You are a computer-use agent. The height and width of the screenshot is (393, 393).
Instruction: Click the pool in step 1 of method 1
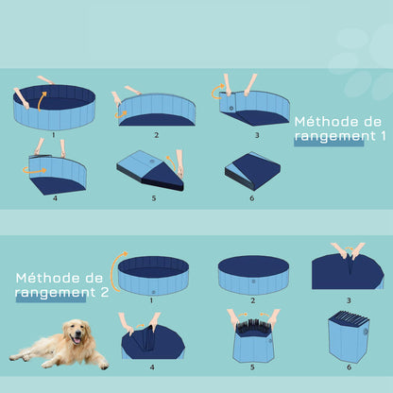point(55,108)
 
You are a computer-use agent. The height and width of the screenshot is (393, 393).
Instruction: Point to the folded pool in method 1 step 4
point(59,175)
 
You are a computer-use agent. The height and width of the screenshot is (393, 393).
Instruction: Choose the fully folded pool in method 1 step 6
point(252,171)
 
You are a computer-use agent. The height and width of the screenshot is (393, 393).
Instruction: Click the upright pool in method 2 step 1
point(151,273)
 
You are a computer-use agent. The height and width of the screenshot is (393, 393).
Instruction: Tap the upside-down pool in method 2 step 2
point(252,274)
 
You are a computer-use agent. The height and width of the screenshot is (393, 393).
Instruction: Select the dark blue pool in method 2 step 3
point(347,273)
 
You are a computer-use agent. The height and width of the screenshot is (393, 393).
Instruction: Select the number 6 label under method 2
point(348,367)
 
